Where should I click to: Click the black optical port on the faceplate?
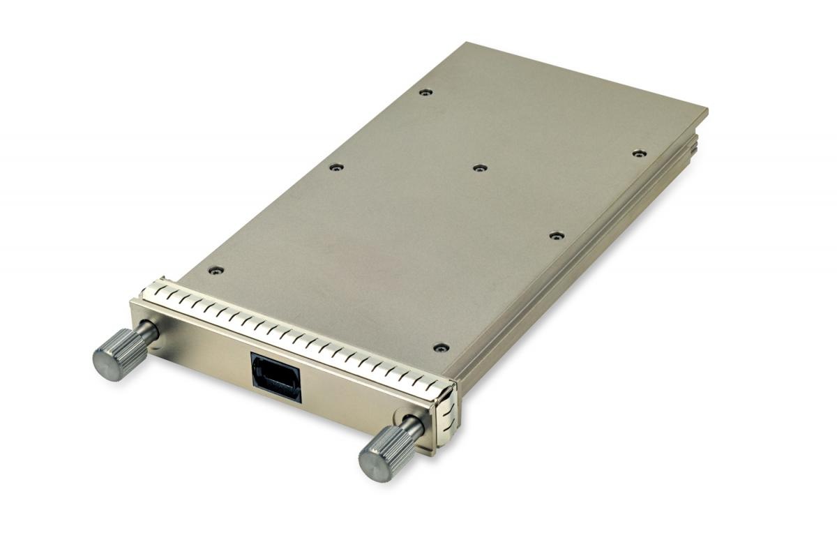[276, 377]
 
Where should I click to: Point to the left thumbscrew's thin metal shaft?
[148, 332]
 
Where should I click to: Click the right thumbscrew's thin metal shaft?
[413, 426]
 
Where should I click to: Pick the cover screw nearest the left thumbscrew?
[216, 271]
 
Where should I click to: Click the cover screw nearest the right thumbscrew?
[440, 347]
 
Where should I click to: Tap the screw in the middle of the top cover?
[479, 168]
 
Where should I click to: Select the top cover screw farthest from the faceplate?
[425, 92]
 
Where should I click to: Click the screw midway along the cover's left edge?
[336, 167]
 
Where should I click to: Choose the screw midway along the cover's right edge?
[556, 236]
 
